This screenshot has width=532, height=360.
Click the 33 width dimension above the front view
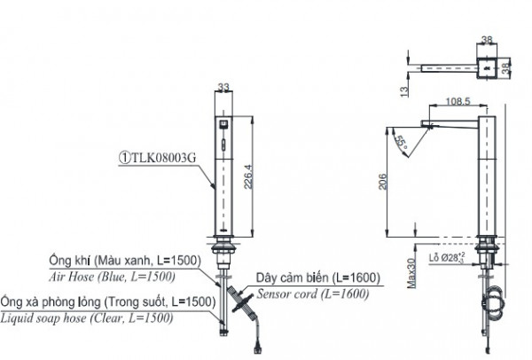tap(223, 87)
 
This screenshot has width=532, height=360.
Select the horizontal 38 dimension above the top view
tap(486, 40)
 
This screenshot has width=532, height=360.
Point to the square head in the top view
tap(486, 65)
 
